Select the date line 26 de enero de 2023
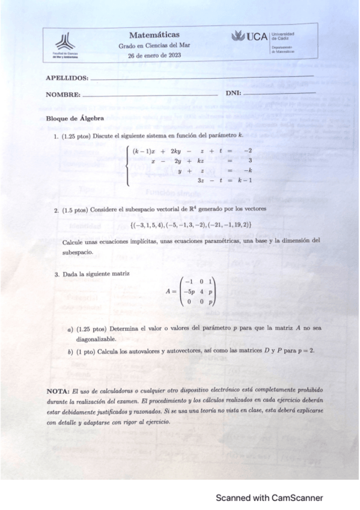pyautogui.click(x=154, y=55)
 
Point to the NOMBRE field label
pyautogui.click(x=63, y=94)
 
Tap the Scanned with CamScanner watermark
pyautogui.click(x=270, y=498)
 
